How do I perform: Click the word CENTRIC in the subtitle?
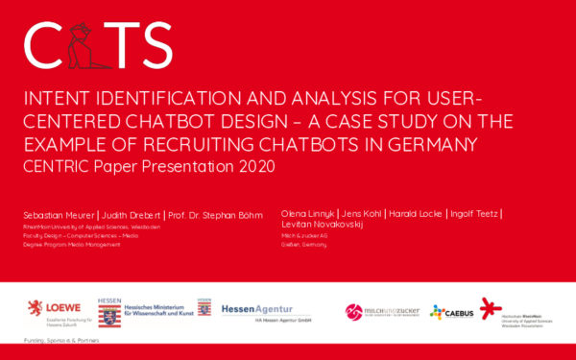[x=57, y=166]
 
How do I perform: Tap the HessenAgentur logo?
[x=251, y=309]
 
